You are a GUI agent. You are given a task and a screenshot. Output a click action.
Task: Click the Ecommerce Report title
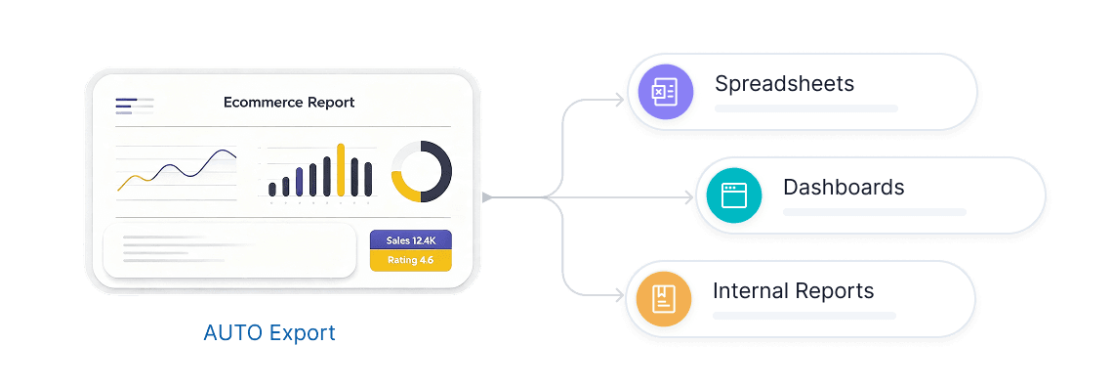(289, 103)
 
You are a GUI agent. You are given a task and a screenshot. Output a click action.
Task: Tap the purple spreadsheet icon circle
(665, 91)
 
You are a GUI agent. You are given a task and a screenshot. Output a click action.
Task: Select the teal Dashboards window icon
(734, 194)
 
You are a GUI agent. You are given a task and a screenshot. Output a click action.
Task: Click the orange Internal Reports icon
(664, 299)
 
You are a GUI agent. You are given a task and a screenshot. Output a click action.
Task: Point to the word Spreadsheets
(784, 84)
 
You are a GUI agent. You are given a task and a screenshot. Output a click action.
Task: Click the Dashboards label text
(844, 187)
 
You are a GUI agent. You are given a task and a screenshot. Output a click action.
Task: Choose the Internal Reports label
(793, 291)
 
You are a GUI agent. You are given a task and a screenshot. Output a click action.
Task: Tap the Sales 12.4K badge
(411, 240)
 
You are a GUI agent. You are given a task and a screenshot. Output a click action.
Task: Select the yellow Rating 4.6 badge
(411, 260)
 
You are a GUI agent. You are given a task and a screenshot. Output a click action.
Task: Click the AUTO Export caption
(269, 333)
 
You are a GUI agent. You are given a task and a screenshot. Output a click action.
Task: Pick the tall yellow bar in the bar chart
(341, 169)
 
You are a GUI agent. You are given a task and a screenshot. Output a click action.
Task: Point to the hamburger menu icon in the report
(134, 106)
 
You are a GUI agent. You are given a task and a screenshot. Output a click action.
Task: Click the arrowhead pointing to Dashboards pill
(688, 197)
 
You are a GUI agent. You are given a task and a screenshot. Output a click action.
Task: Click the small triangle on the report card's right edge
(486, 197)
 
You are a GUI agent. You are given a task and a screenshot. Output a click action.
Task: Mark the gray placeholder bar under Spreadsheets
(806, 108)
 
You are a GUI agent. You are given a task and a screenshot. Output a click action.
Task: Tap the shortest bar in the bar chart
(271, 190)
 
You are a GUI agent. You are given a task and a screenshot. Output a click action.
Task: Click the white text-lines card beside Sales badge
(229, 250)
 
